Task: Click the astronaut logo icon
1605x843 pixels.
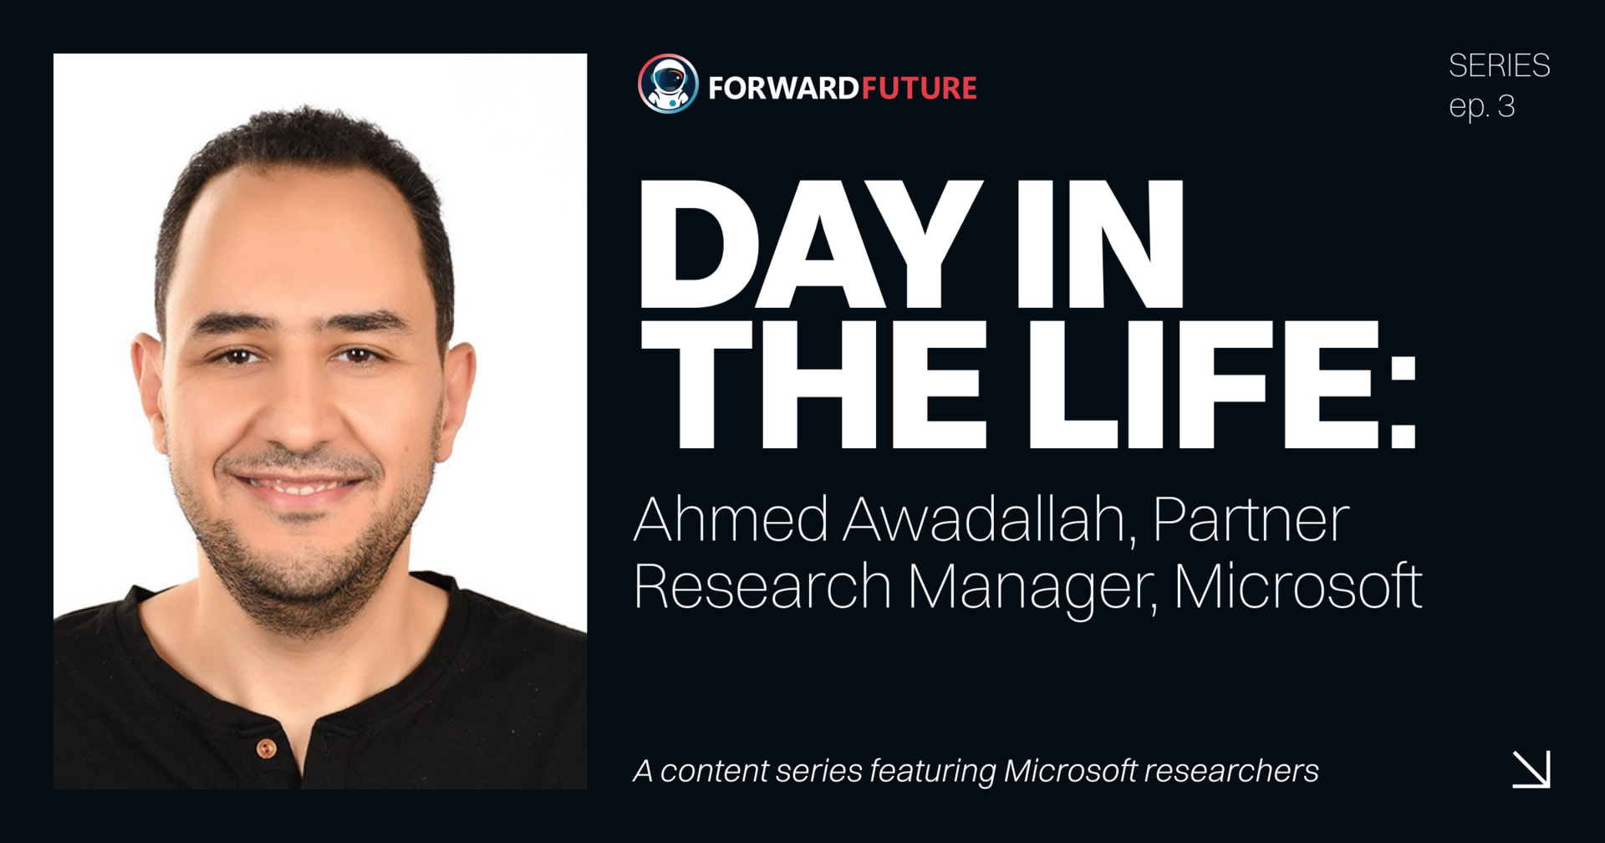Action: (668, 84)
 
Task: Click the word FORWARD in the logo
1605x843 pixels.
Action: (783, 88)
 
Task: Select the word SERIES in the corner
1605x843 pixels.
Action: (1499, 65)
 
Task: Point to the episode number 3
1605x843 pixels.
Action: (1506, 107)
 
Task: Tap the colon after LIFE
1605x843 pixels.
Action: (1404, 402)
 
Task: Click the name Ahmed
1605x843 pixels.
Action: (731, 520)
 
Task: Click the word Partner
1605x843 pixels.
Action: (1251, 520)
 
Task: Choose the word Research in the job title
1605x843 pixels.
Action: (762, 586)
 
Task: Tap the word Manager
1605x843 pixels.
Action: (1033, 588)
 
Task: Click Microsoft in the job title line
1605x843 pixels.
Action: (1297, 586)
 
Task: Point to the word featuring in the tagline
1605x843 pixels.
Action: (932, 771)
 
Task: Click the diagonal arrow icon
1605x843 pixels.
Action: (1531, 769)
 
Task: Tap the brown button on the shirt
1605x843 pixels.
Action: (267, 748)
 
